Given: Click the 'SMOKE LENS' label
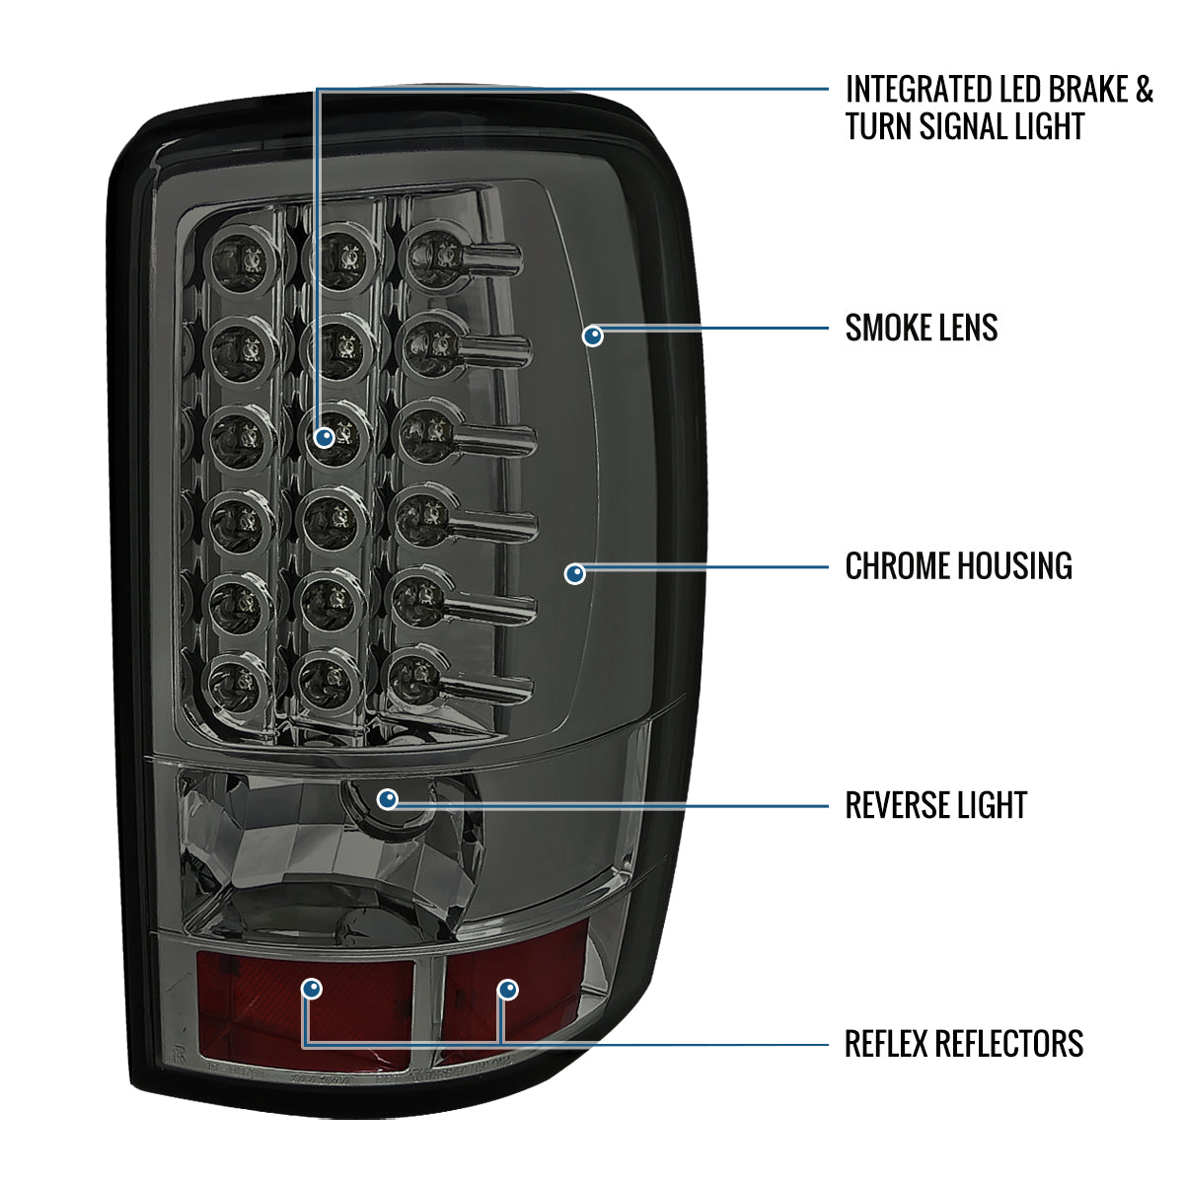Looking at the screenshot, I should click(921, 328).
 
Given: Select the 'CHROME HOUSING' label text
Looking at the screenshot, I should click(958, 566).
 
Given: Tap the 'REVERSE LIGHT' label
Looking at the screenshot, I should click(935, 805).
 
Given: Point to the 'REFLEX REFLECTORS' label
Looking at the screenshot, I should click(963, 1043).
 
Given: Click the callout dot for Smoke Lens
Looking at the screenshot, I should click(593, 336).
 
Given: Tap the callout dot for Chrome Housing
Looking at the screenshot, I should click(575, 573).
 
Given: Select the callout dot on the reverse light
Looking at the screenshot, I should click(388, 798).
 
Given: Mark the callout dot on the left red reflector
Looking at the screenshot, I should click(312, 989).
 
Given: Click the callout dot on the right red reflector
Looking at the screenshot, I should click(507, 989).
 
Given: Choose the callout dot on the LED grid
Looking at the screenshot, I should click(325, 436).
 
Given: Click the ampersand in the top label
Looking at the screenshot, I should click(1143, 90).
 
